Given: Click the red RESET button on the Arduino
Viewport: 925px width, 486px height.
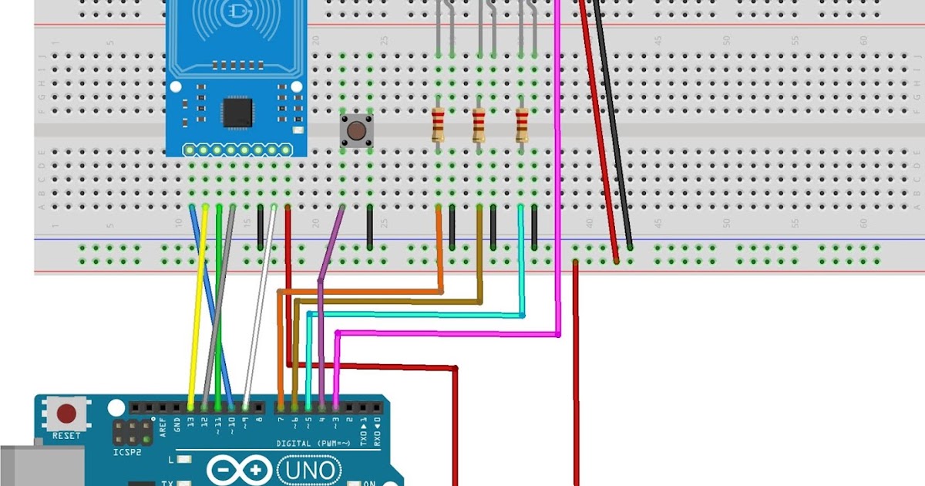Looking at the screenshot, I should pos(67,415).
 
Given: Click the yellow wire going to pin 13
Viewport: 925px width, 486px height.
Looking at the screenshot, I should pos(197,309).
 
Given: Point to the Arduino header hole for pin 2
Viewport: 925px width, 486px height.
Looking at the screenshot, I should pos(351,407).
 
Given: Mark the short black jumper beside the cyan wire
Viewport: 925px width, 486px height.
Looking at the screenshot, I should pos(534,227).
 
